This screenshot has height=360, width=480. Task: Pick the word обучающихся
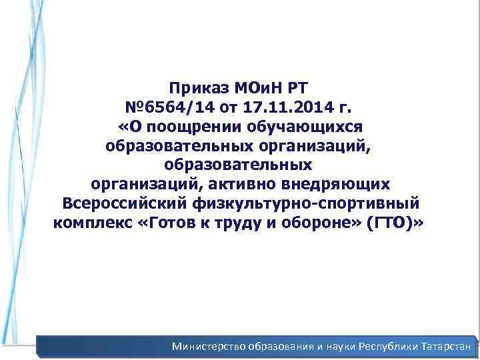coord(302,126)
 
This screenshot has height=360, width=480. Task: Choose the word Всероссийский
coord(127,203)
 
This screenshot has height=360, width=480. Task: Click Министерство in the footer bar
coord(209,347)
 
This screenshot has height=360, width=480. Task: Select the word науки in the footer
coord(336,347)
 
